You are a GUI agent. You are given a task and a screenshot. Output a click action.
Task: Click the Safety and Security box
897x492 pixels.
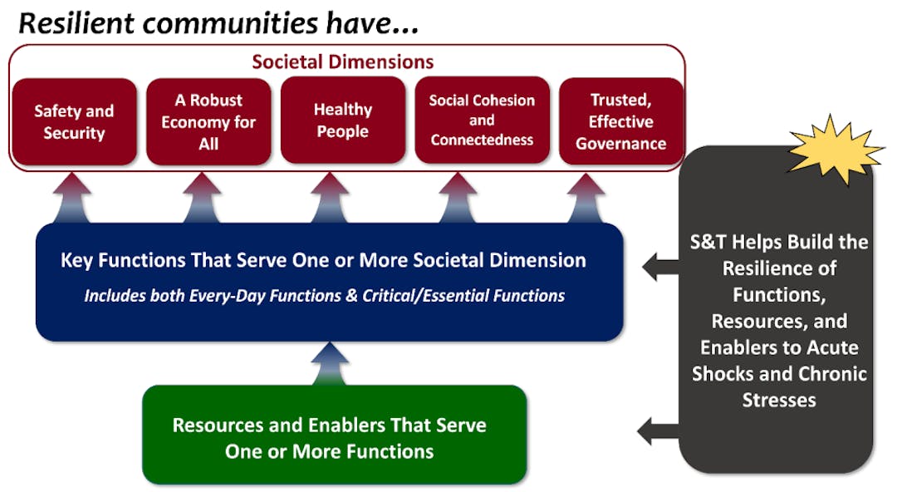tap(74, 121)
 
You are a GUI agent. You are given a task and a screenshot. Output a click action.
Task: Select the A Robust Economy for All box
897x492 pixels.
tap(208, 121)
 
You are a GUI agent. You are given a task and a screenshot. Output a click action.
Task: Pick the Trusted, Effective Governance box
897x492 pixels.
tap(621, 121)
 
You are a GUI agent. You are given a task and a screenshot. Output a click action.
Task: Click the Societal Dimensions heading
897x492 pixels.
tap(343, 61)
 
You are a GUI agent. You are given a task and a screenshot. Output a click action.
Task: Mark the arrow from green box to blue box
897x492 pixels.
tap(330, 364)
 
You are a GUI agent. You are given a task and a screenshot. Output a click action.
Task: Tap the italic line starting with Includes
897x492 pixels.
tap(325, 296)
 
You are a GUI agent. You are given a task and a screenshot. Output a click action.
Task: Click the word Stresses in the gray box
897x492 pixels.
tap(778, 400)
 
